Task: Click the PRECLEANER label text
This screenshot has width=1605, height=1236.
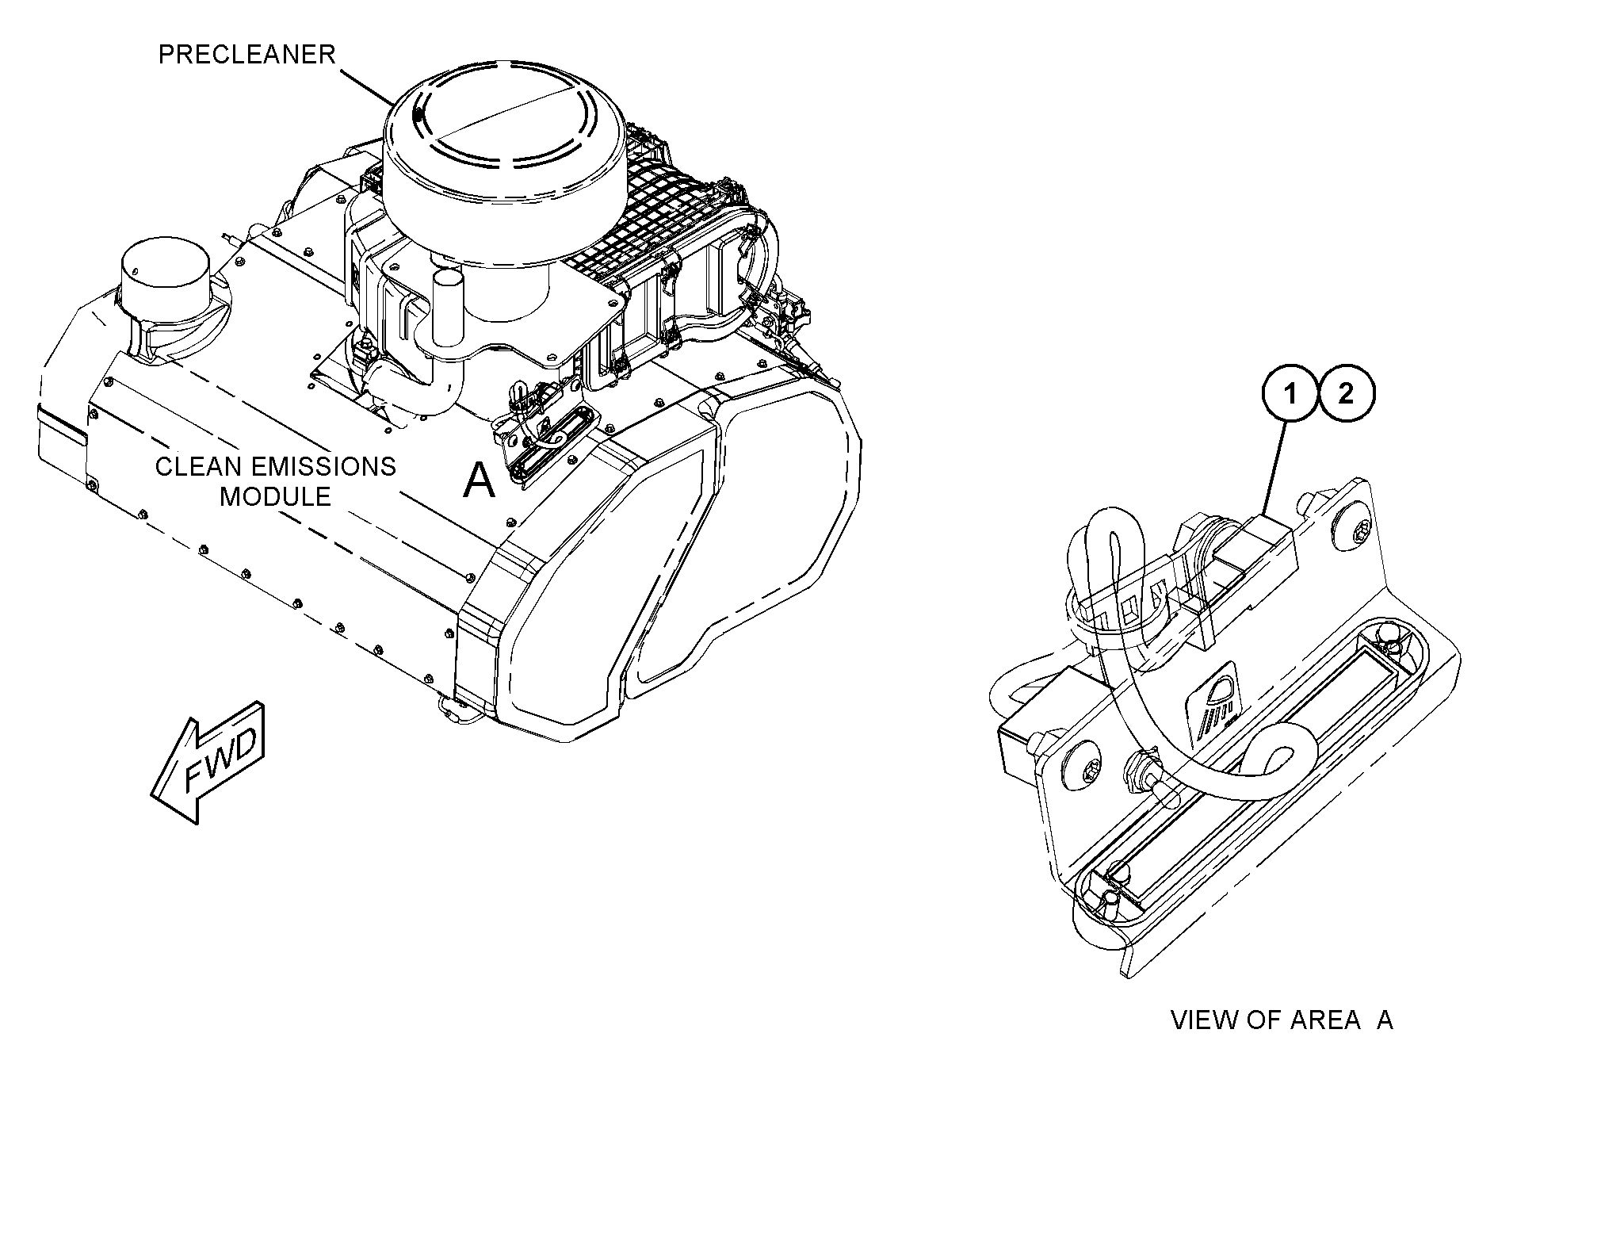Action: point(246,55)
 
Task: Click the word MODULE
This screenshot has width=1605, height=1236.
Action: point(274,496)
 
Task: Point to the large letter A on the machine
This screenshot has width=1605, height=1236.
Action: point(479,480)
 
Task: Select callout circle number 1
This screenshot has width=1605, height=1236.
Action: point(1290,394)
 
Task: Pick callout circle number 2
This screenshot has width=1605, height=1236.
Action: point(1345,394)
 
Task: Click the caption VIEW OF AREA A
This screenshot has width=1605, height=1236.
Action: point(1281,1020)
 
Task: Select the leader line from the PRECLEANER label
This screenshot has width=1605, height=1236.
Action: point(367,86)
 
